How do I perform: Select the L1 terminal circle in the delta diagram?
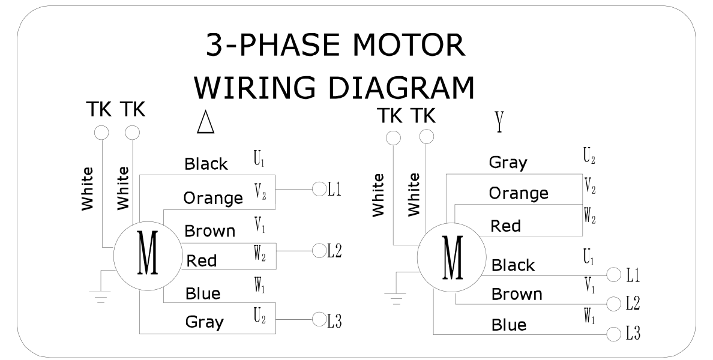coord(318,190)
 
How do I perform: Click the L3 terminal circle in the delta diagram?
coord(318,320)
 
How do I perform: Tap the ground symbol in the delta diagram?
coord(100,294)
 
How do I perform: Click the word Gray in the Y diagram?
coord(508,162)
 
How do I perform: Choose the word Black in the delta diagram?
coord(206,164)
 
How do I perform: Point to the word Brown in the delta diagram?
coord(209,231)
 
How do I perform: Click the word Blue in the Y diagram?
coord(508,325)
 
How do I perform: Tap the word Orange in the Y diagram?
coord(519,193)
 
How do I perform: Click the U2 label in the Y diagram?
coord(589,157)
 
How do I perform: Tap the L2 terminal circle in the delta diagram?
coord(318,251)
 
